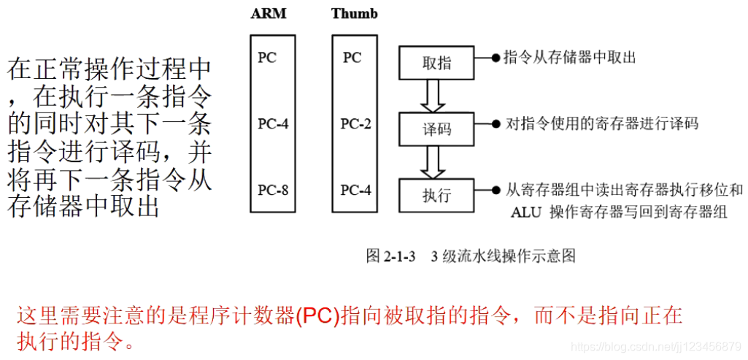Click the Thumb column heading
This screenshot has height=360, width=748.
coord(354,14)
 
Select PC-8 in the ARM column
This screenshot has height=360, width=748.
coord(273,191)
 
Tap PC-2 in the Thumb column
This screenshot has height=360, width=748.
coord(355,124)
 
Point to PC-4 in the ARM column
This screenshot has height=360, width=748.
coord(273,124)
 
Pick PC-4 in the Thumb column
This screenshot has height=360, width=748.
coord(355,191)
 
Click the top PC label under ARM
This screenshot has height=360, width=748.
coord(267,58)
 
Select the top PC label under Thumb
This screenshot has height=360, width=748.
coord(352,58)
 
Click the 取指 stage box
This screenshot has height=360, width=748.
coord(436,63)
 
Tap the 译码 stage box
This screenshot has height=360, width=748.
coord(436,129)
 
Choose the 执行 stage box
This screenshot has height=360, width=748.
coord(436,196)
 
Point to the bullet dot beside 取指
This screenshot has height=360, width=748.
coord(496,57)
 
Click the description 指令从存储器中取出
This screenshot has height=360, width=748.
coord(569,57)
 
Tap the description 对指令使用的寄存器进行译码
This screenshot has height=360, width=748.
coord(602,123)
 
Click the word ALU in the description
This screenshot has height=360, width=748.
coord(525,212)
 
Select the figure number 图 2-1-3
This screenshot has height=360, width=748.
coord(390,256)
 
